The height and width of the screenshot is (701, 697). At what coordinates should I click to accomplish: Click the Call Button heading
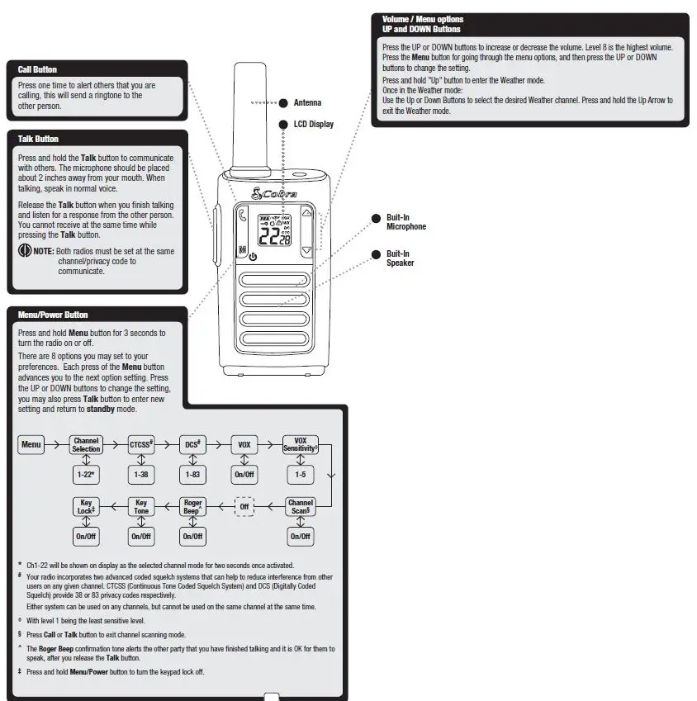coord(37,69)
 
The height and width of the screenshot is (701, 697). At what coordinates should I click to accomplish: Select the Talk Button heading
coord(38,139)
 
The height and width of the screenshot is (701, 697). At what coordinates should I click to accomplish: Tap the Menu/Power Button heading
coord(53,315)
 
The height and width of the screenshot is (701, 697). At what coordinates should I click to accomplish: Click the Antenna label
coord(307,103)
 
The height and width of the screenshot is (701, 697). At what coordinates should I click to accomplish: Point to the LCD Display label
coord(314,124)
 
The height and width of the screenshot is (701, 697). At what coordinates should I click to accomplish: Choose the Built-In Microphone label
coord(406,222)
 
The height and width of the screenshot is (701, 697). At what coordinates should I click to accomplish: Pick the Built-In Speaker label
coord(400,258)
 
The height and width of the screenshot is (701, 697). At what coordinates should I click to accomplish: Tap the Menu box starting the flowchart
coord(31,445)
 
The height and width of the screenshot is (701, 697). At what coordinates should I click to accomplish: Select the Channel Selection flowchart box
coord(86,445)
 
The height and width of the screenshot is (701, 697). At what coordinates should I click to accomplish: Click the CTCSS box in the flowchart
coord(141,445)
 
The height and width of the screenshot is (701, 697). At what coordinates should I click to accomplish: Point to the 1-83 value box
coord(192,475)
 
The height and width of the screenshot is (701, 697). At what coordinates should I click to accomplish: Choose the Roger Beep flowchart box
coord(192,507)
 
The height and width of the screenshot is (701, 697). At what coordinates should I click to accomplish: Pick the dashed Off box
coord(244,507)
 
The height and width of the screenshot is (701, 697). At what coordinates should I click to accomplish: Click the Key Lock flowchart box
coord(86,507)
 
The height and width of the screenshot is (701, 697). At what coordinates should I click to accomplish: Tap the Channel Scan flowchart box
coord(300,507)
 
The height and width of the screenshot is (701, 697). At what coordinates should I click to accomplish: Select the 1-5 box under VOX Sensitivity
coord(300,475)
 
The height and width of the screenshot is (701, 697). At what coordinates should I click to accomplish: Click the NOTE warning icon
coord(25,250)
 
